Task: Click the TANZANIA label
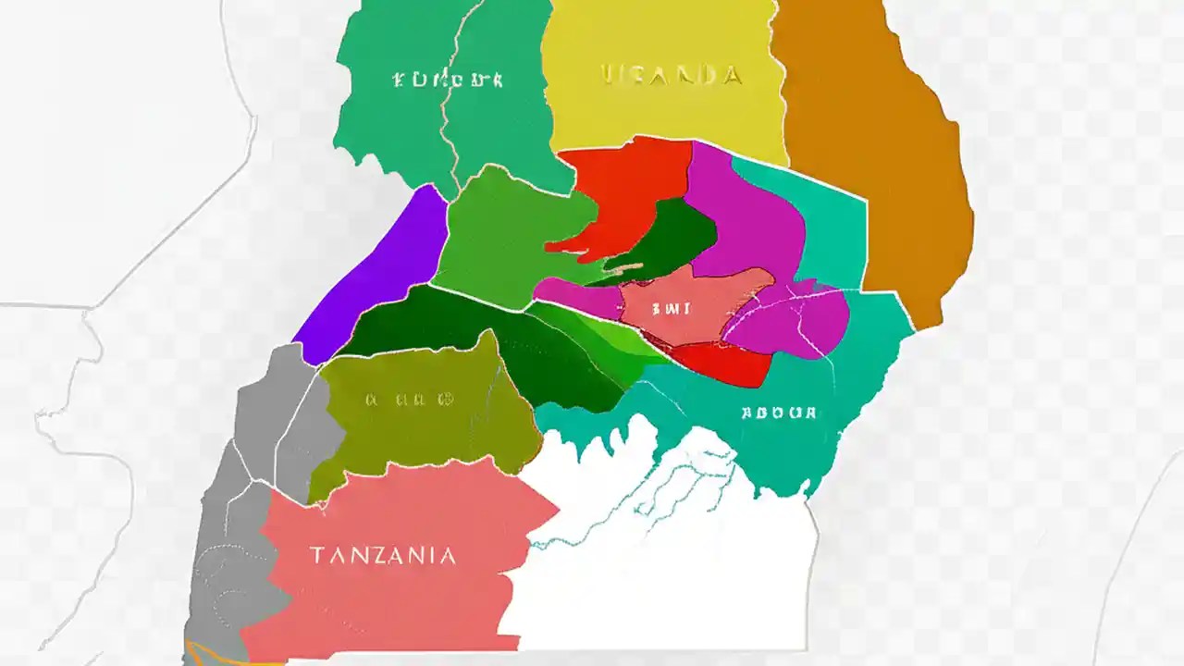(x=382, y=556)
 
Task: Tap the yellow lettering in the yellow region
(x=671, y=75)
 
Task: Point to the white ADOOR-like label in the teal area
(x=779, y=413)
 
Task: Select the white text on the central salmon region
(x=671, y=310)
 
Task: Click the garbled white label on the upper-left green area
(x=447, y=80)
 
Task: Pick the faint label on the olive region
(x=409, y=401)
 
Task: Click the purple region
(x=375, y=277)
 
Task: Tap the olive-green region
(x=425, y=435)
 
